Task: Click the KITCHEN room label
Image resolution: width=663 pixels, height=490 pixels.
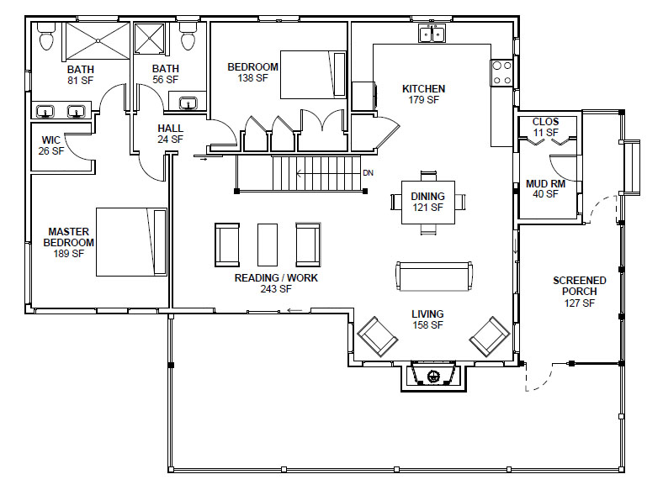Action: click(x=423, y=89)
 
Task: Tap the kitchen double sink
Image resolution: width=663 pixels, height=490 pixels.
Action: click(x=432, y=33)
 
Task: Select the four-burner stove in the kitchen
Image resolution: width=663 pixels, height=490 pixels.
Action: click(x=502, y=72)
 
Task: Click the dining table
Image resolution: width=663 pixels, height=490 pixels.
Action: click(x=428, y=203)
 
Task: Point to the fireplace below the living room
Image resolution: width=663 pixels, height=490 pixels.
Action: click(x=433, y=376)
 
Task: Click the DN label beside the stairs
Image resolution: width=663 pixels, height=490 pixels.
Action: click(x=368, y=173)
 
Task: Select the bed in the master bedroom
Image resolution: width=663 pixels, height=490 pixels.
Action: click(x=131, y=241)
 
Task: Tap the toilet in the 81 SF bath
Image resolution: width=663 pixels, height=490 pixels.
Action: click(x=46, y=36)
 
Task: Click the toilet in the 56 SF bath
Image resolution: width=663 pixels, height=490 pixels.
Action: click(x=188, y=36)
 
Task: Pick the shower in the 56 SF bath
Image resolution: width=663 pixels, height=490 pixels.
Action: click(x=149, y=39)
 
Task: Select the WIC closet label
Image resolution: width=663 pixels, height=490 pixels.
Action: click(x=51, y=140)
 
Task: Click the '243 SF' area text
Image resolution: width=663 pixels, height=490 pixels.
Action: click(x=276, y=289)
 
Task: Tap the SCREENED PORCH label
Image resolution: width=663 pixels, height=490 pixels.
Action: click(x=579, y=286)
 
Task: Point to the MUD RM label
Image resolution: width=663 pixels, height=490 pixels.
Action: click(x=545, y=184)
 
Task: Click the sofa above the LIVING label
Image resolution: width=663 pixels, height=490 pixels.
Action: click(x=434, y=277)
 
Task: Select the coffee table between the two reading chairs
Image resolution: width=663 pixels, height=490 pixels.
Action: click(x=268, y=245)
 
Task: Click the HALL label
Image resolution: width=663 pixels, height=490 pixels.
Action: click(x=171, y=128)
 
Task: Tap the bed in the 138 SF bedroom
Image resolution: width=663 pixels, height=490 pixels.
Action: click(x=313, y=75)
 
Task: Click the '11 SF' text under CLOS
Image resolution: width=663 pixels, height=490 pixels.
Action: click(x=545, y=132)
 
